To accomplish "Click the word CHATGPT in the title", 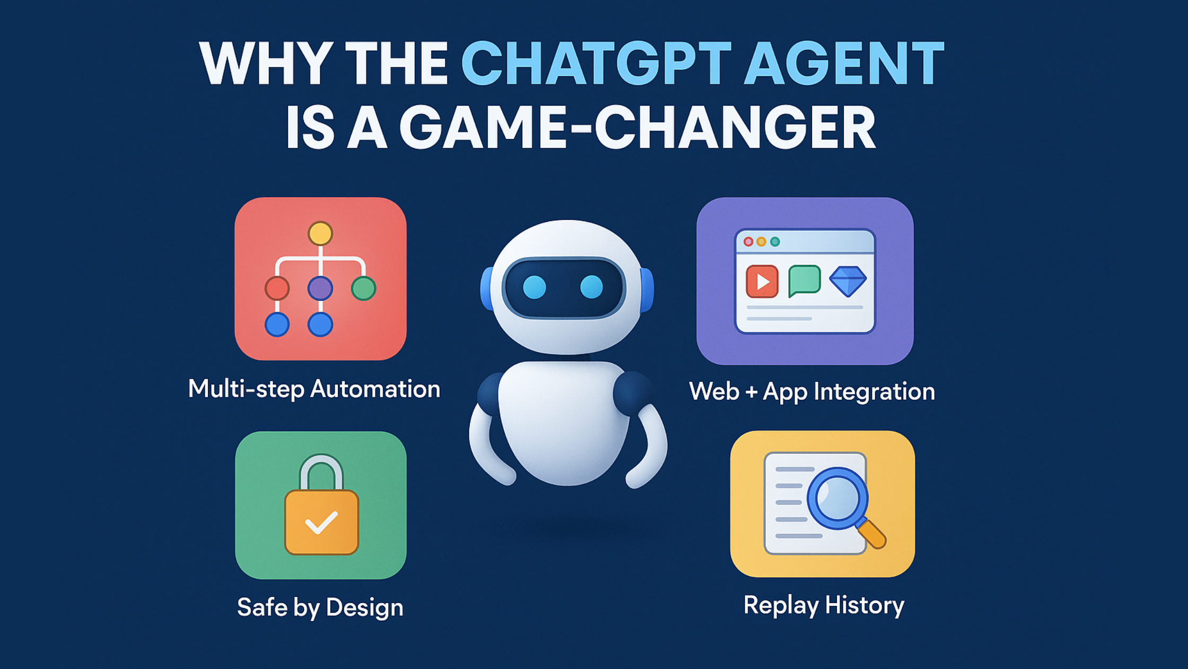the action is (597, 63).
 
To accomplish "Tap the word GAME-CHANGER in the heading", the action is (636, 127).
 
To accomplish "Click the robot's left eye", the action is (534, 287).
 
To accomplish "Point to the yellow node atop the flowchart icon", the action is (320, 234).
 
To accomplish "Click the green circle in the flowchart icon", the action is (363, 288).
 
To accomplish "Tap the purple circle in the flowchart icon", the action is (320, 288).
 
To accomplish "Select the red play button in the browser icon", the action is (762, 281).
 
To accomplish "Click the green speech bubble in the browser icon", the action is (805, 280).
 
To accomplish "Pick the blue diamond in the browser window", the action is (848, 281).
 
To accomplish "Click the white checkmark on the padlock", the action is (321, 522).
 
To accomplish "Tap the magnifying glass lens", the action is (837, 498).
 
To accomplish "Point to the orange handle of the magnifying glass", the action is (872, 534).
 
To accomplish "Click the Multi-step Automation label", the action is (314, 389).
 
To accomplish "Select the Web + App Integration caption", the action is (812, 392).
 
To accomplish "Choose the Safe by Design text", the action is (320, 607).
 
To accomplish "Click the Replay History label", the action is (824, 605).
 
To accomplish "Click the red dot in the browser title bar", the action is (748, 242).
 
